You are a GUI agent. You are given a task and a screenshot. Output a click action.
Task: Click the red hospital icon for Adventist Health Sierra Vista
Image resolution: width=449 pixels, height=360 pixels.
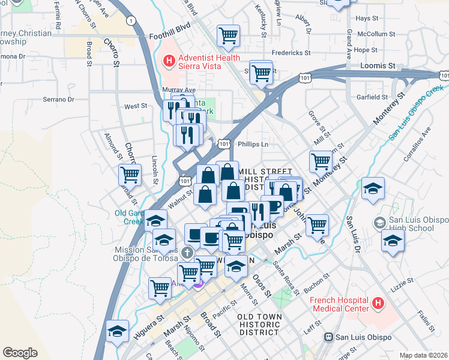(169, 61)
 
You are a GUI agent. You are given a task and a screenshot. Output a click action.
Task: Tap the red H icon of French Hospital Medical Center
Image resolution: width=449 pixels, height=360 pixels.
(378, 304)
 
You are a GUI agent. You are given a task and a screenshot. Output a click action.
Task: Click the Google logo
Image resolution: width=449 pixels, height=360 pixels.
(20, 352)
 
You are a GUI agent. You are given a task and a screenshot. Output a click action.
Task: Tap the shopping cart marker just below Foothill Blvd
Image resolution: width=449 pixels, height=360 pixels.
(228, 35)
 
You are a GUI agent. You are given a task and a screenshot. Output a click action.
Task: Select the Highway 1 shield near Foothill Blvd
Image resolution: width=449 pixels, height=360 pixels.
(130, 20)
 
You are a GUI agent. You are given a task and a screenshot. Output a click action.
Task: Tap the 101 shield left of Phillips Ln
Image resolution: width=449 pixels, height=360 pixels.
(224, 144)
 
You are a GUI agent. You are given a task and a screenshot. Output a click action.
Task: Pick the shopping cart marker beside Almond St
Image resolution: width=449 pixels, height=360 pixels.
(130, 175)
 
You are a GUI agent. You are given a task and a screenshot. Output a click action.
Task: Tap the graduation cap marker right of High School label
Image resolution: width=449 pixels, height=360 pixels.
(393, 241)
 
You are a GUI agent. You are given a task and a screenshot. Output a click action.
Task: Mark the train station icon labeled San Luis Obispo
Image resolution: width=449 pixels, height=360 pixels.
(328, 337)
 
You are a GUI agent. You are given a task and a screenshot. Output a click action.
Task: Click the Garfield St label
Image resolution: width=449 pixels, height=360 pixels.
(372, 97)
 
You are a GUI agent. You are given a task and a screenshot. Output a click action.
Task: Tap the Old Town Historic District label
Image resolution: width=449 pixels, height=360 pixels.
(259, 324)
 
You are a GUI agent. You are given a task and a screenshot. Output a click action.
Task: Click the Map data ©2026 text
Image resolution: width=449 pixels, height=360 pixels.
(423, 355)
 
